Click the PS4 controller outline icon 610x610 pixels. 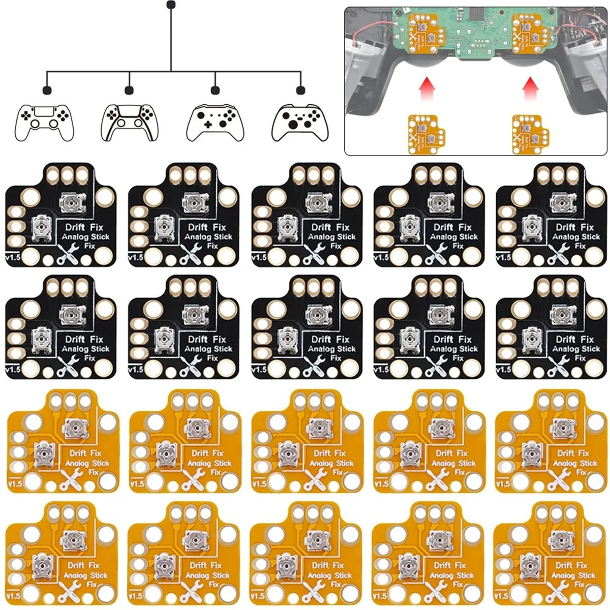pyautogui.click(x=44, y=123)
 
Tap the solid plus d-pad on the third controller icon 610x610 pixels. pyautogui.click(x=208, y=124)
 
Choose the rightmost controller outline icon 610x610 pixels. pyautogui.click(x=296, y=123)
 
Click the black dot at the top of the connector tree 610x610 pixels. pyautogui.click(x=171, y=5)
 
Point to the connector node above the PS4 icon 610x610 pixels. pyautogui.click(x=47, y=90)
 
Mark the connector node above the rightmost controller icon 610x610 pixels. pyautogui.click(x=300, y=90)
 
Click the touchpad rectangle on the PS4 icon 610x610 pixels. pyautogui.click(x=44, y=111)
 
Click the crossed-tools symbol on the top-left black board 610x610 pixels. pyautogui.click(x=68, y=253)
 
